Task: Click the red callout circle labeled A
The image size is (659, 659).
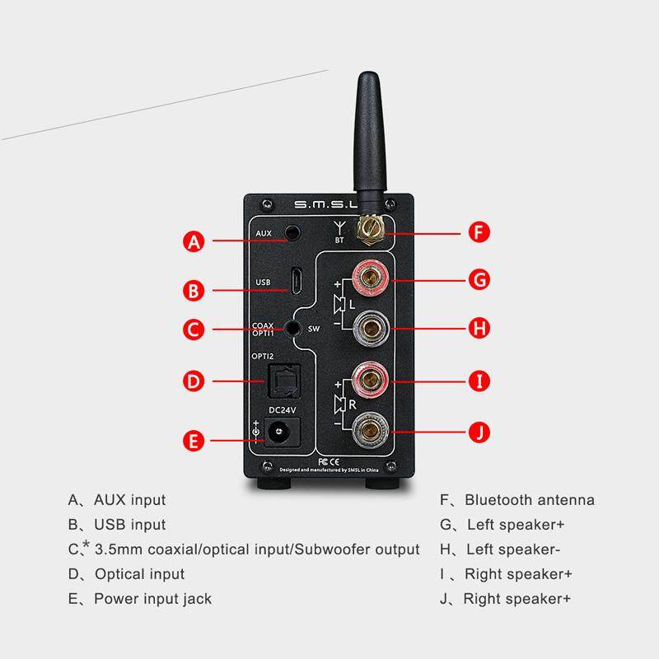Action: coord(194,241)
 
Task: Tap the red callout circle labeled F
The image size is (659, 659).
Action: coord(479,231)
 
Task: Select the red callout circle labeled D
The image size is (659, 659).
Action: coord(194,381)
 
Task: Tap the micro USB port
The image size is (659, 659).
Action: coord(293,281)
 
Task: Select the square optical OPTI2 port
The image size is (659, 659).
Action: coord(282,381)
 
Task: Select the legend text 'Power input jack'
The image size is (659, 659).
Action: coord(152,599)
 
